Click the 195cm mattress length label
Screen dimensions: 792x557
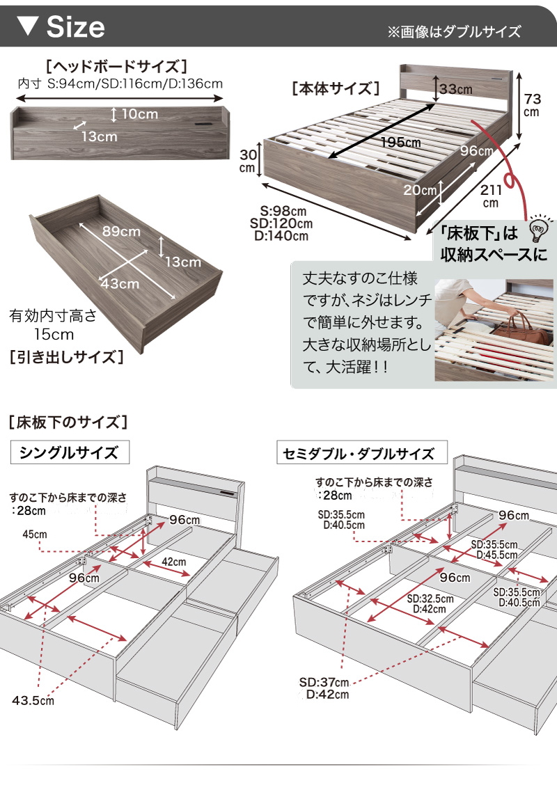click(x=400, y=143)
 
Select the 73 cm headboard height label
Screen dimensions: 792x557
click(x=531, y=104)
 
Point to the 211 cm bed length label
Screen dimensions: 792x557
click(x=491, y=195)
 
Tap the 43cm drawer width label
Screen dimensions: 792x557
click(x=119, y=283)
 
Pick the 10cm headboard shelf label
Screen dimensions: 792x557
click(x=139, y=113)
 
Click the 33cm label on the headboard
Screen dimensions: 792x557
click(x=456, y=89)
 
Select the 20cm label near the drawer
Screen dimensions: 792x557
click(x=419, y=190)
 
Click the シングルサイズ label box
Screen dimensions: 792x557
click(x=69, y=453)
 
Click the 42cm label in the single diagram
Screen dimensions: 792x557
click(x=174, y=562)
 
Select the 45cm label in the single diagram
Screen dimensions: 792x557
click(x=34, y=534)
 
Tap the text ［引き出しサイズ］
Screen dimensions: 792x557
click(x=67, y=358)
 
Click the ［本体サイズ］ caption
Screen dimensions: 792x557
click(x=336, y=88)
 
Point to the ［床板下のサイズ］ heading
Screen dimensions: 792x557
click(x=66, y=422)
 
